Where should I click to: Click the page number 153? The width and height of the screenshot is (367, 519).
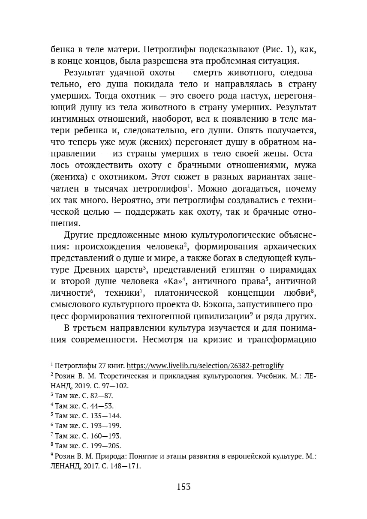183,487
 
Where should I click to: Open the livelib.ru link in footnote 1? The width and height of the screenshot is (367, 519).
205,366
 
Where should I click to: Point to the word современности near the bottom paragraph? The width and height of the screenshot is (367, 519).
100,340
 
